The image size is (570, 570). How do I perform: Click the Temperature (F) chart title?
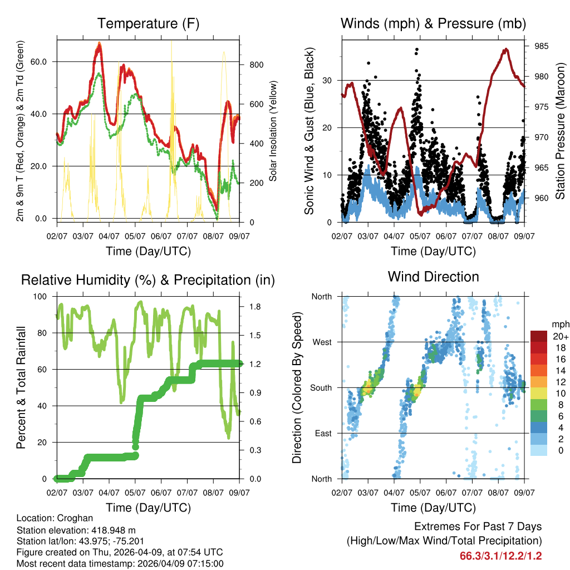(148, 23)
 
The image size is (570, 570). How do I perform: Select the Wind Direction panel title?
(433, 276)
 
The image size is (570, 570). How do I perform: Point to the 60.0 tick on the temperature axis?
(42, 61)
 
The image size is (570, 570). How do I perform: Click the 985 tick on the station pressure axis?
(541, 46)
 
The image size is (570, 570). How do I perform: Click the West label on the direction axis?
(321, 342)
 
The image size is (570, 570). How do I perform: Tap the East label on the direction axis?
(322, 433)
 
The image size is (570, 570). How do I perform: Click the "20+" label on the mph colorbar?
(559, 336)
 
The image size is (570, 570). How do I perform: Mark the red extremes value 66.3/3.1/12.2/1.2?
(500, 556)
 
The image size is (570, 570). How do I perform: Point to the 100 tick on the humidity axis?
(41, 296)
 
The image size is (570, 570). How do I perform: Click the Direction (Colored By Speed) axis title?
(297, 387)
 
